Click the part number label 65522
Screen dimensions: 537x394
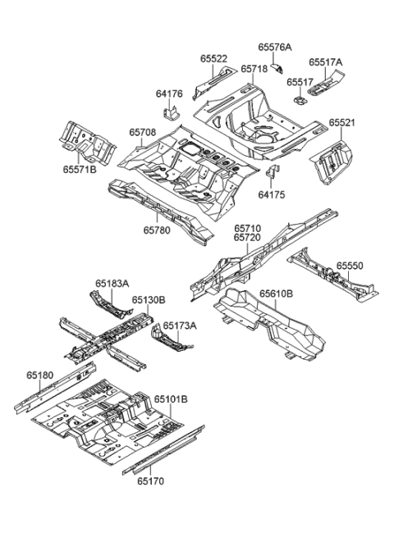(x=213, y=59)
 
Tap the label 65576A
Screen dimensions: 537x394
(x=276, y=48)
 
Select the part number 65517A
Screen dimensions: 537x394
(x=326, y=61)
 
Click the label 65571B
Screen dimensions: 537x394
(x=77, y=170)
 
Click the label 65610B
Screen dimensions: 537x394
(x=277, y=293)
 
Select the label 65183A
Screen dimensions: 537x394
(x=112, y=284)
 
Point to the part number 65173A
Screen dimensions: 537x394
(x=179, y=325)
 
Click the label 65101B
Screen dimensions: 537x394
(x=171, y=399)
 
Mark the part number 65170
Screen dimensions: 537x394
(x=151, y=484)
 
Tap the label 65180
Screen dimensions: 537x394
(x=39, y=375)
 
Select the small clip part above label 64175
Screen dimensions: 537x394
(x=273, y=173)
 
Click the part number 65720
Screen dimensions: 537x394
(x=246, y=238)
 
